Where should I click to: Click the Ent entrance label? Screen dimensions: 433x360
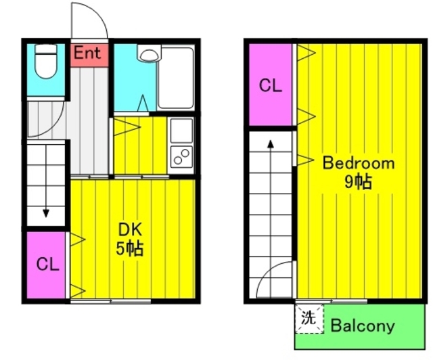pyautogui.click(x=87, y=53)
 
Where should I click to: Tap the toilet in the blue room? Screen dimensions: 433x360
pyautogui.click(x=46, y=62)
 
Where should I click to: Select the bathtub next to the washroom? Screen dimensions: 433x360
pyautogui.click(x=175, y=78)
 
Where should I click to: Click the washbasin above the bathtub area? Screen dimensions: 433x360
pyautogui.click(x=149, y=53)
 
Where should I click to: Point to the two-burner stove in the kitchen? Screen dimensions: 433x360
pyautogui.click(x=181, y=156)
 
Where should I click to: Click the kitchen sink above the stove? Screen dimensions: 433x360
pyautogui.click(x=181, y=131)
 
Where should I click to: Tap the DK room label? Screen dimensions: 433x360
pyautogui.click(x=130, y=229)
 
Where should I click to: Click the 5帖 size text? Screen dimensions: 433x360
pyautogui.click(x=129, y=248)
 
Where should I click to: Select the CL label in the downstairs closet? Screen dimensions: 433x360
pyautogui.click(x=48, y=265)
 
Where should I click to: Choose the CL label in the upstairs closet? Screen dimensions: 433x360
pyautogui.click(x=271, y=85)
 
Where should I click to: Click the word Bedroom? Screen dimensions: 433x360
pyautogui.click(x=359, y=163)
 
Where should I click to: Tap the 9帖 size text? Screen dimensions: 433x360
pyautogui.click(x=358, y=182)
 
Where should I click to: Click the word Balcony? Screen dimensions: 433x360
pyautogui.click(x=363, y=325)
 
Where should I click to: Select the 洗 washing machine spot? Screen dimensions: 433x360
pyautogui.click(x=309, y=318)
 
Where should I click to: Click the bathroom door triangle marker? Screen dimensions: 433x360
pyautogui.click(x=143, y=103)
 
